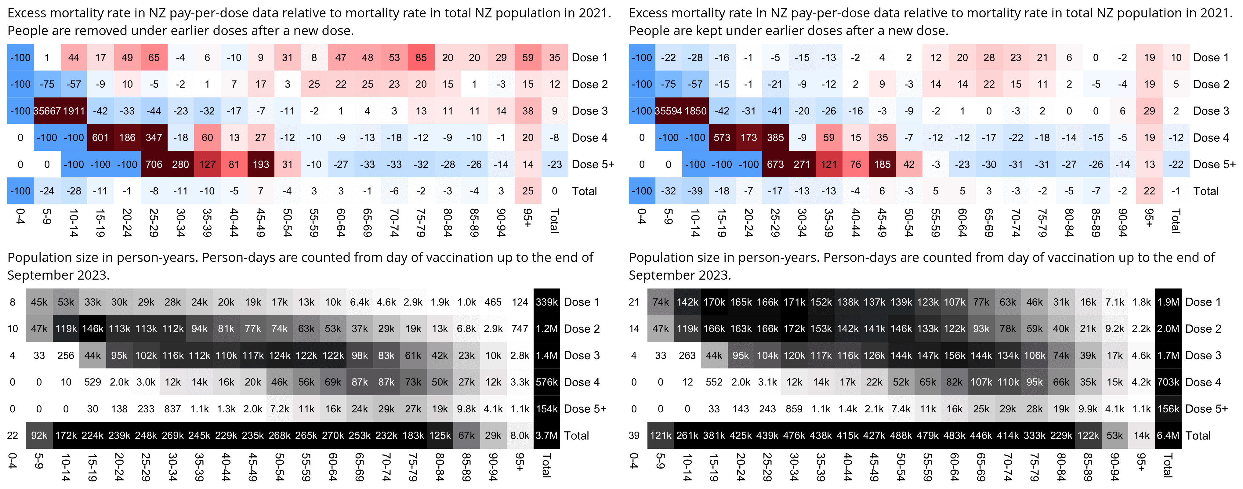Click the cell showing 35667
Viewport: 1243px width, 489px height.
coord(47,111)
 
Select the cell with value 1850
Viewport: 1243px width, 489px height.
coord(695,111)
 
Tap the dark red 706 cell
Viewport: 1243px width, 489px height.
coord(154,165)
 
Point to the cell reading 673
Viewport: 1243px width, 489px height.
coord(775,165)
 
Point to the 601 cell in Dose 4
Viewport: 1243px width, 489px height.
coord(100,138)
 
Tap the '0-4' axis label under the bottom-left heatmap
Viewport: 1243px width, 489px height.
coord(13,461)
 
